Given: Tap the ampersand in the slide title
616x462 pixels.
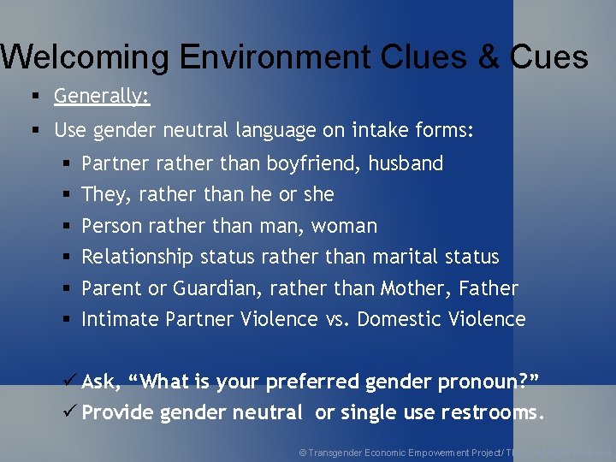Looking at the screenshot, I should coord(488,56).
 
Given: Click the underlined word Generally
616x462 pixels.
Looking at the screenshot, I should coord(102,97).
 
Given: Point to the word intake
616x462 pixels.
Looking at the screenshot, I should coord(373,131).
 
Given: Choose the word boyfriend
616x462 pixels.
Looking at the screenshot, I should coord(313,163).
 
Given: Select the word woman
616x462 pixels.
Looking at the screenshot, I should coord(344,226).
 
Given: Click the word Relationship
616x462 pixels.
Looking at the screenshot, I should coord(138,257).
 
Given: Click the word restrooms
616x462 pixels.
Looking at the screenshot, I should coord(492,412).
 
